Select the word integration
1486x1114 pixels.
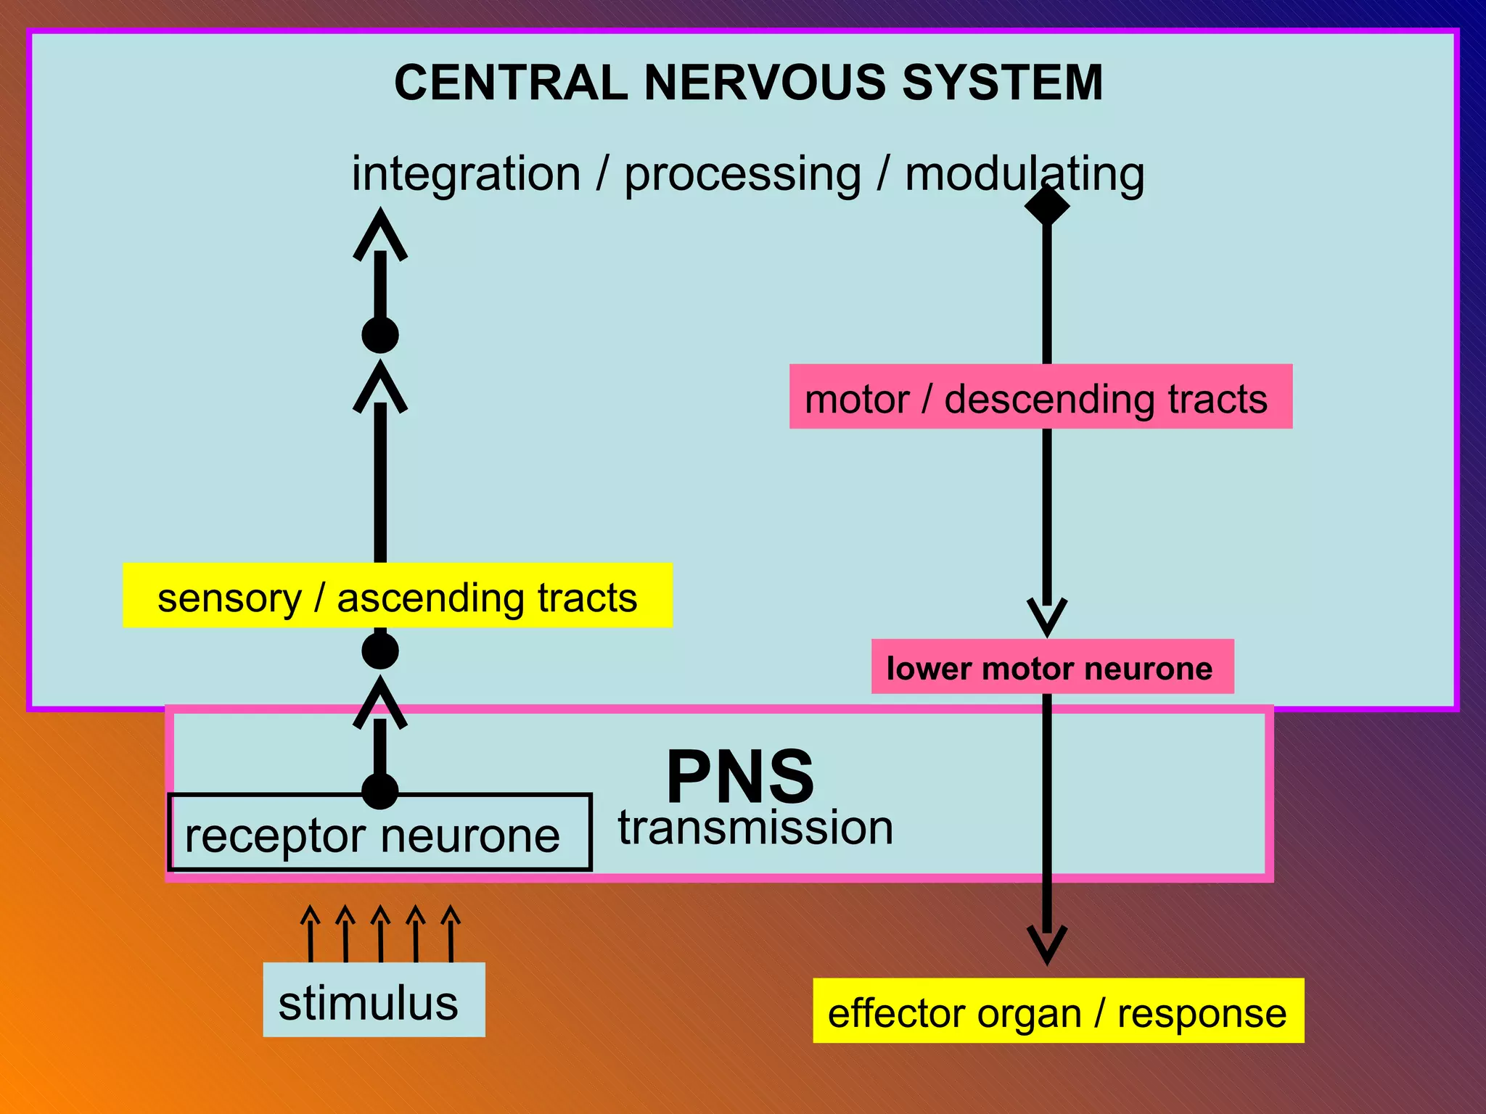point(466,175)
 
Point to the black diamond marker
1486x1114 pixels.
point(1047,205)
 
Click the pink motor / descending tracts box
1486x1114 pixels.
point(1040,397)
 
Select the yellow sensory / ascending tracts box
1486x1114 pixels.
point(398,595)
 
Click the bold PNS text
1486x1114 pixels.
point(741,777)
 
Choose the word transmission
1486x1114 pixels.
point(755,828)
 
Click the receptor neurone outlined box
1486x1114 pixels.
point(379,833)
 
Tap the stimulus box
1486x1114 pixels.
point(374,1000)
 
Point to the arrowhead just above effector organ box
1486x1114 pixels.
point(1047,945)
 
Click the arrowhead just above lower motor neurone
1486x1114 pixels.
point(1047,616)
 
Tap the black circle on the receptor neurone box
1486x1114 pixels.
point(380,791)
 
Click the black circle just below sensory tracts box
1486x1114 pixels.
point(380,650)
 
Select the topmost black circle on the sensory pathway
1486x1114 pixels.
point(380,335)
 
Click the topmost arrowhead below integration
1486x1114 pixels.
point(380,234)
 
